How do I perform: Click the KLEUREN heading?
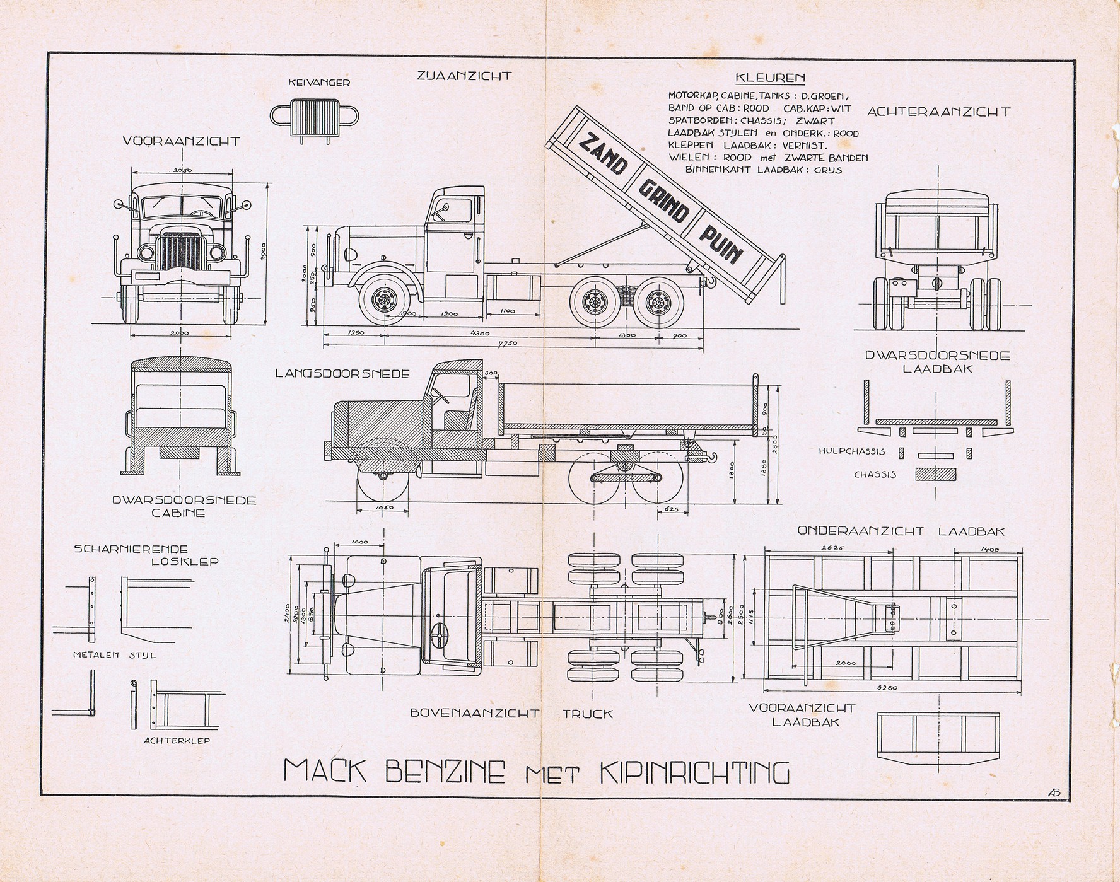point(770,79)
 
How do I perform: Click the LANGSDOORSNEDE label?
point(342,373)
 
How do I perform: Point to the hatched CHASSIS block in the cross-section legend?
point(935,473)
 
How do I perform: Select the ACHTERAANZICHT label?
point(938,112)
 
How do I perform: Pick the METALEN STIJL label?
point(115,654)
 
